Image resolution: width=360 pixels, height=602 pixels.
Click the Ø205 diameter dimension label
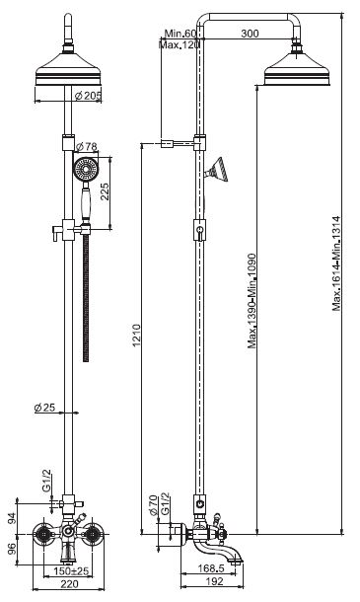click(88, 96)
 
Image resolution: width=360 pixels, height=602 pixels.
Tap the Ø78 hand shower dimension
click(87, 147)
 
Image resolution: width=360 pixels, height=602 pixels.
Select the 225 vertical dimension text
click(105, 191)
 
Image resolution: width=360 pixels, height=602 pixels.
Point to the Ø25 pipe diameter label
click(44, 408)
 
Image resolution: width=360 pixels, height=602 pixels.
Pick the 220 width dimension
click(69, 584)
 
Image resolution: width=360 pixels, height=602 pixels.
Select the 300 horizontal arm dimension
click(250, 34)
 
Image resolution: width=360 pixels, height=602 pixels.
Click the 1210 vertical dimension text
click(137, 336)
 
